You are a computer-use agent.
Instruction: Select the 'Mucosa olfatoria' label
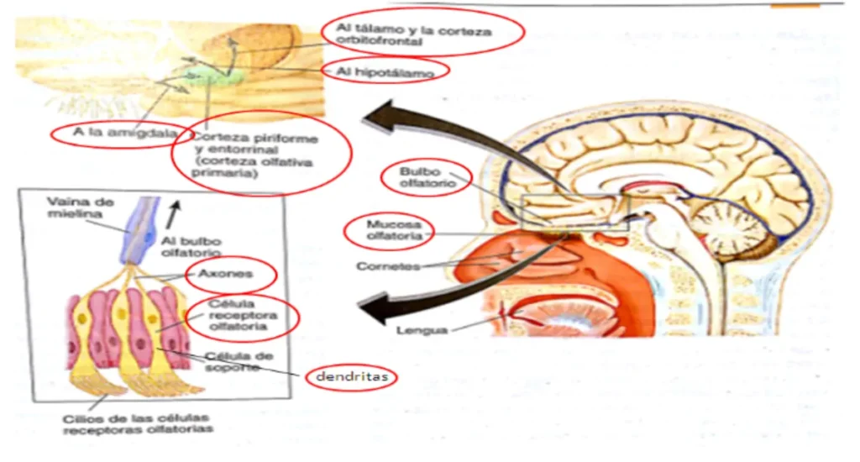point(389,231)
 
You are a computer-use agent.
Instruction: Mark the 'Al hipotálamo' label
point(385,73)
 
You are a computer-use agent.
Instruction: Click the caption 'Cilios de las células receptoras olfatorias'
point(137,423)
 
